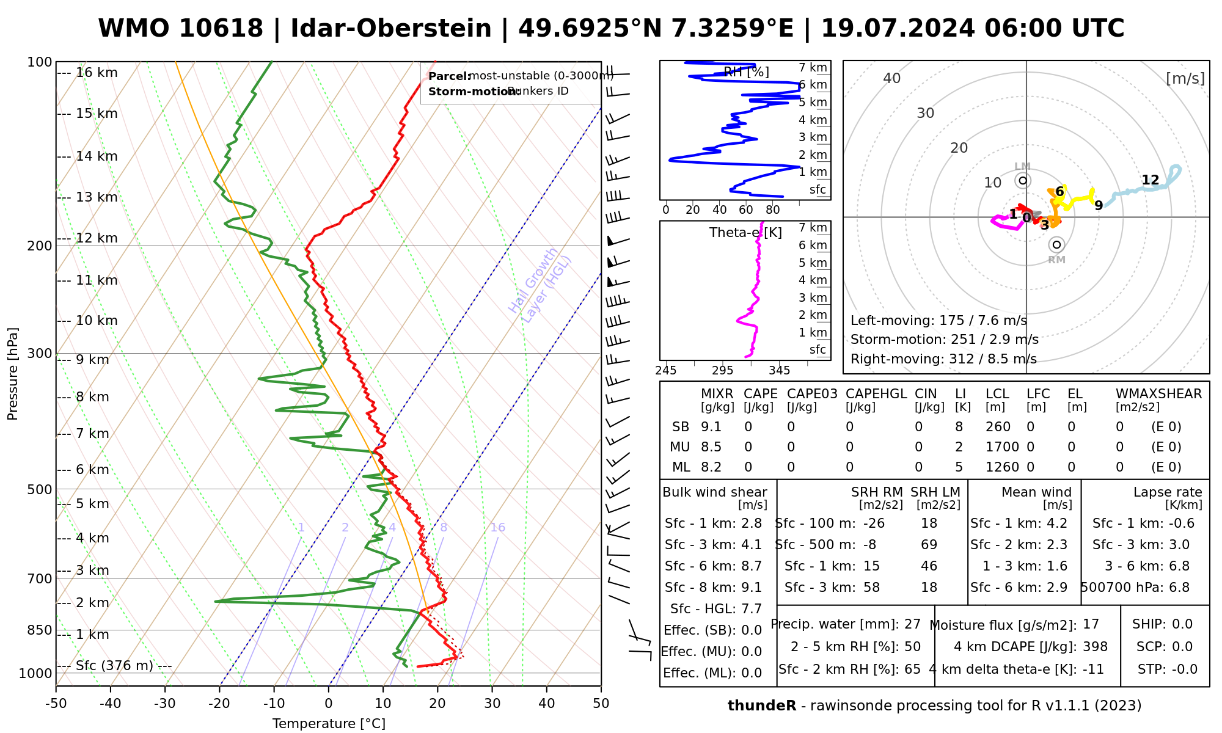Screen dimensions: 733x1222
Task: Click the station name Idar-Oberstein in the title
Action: pos(390,29)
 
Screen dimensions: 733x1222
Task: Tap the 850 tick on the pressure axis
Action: pos(40,630)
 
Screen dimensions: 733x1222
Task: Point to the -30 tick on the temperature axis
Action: pos(165,704)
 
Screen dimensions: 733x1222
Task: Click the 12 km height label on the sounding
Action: pos(97,238)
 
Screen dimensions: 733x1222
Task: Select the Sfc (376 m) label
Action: pos(114,665)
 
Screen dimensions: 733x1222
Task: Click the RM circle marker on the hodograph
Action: pos(1056,245)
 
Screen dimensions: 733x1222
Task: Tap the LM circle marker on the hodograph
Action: pos(1023,181)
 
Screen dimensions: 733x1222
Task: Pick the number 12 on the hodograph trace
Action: pos(1150,180)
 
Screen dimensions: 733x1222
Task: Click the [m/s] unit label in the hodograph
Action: pos(1185,79)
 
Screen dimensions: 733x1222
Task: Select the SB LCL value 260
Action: pos(998,427)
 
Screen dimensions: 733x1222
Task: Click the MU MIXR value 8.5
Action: pos(711,447)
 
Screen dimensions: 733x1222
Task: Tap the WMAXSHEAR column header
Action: pos(1158,394)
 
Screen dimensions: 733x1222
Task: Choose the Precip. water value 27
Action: pos(912,624)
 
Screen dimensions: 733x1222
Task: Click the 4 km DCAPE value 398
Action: pos(1095,647)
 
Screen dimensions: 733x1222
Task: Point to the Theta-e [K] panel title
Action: pos(745,233)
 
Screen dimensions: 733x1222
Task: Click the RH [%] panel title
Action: pos(746,72)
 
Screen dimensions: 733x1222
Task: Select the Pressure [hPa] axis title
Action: pos(13,374)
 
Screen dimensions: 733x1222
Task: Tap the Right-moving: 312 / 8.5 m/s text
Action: pos(943,359)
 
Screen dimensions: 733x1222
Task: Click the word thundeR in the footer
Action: pos(761,706)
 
